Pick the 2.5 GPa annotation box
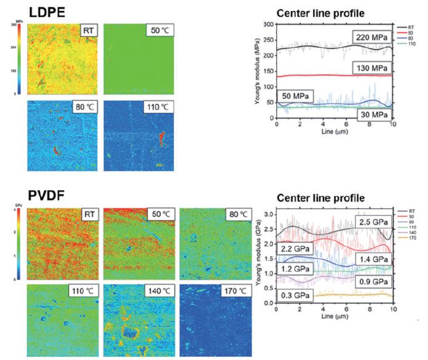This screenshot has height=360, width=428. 374,220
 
